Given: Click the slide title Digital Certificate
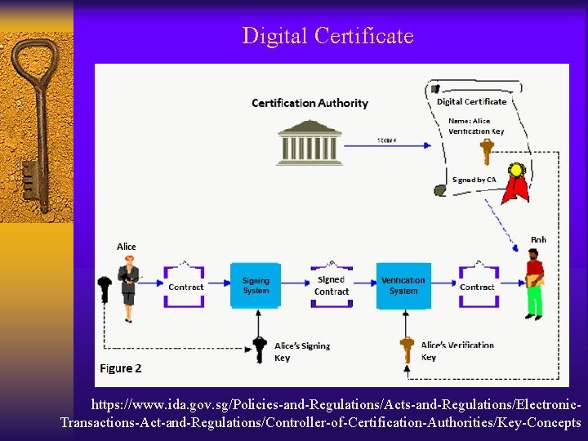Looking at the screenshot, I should pos(327,37).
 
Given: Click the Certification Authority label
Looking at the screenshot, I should pos(310,103).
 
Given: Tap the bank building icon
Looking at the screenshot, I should pos(310,143).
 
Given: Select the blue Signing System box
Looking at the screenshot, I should pos(256,286).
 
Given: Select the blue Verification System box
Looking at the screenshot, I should pos(403,286).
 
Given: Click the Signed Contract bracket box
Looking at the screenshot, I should pos(332,286).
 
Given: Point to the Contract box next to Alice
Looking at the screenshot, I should pos(185,287).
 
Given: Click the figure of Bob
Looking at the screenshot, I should pos(534,283).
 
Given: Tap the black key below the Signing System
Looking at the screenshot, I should pos(260,349).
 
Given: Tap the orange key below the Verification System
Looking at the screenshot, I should pos(407,350).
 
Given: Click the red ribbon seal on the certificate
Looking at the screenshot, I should pos(515,185).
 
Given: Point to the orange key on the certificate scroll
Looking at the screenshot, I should pos(487,151).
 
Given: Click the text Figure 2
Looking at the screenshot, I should pos(121,368).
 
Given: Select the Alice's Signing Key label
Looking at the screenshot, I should pos(301,352).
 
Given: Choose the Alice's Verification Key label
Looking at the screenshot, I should pos(457,351).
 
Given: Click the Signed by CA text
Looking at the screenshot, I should pos(474,180).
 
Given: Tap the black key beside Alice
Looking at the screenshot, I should pos(104,289).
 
